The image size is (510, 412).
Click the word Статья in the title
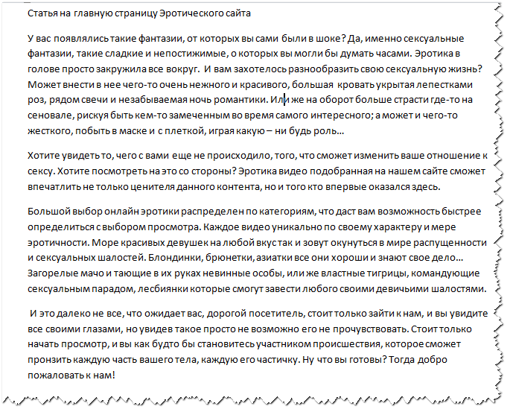[42, 14]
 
